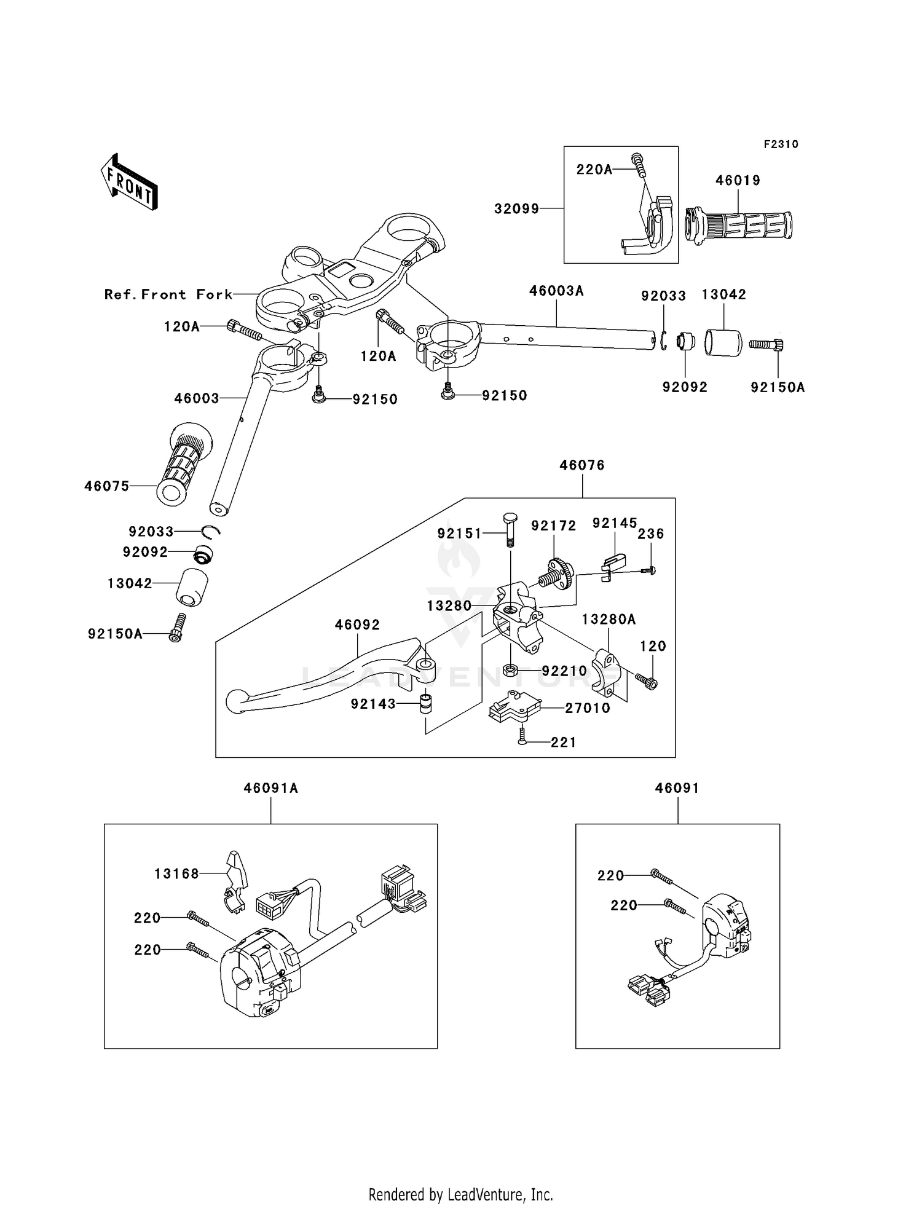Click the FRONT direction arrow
pos(129,183)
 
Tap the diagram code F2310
pos(781,144)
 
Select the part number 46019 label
pos(738,181)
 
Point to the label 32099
pos(516,209)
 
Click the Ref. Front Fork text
pos(168,294)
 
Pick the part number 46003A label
pos(556,291)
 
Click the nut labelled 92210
pos(509,670)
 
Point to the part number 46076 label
pos(581,465)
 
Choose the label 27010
pos(588,708)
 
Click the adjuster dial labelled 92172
pos(557,573)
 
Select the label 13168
pos(176,873)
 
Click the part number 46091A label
pos(270,788)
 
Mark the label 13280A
pos(609,619)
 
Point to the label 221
pos(563,743)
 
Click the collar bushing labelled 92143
pos(425,704)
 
